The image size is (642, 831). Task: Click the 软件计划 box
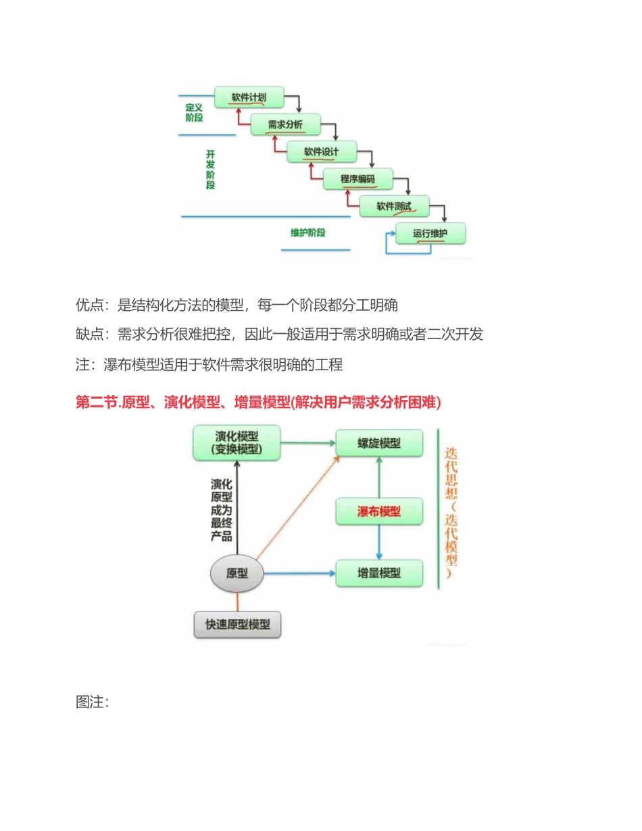coord(249,97)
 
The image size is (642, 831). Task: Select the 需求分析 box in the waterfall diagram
coord(285,124)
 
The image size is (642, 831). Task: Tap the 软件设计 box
coord(321,151)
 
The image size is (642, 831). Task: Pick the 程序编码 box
coord(357,179)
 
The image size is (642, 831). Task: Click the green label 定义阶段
coord(194,112)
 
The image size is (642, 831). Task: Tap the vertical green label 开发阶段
coord(210,170)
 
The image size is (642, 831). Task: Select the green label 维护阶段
coord(308,232)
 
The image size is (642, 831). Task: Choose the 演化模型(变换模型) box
coord(237,443)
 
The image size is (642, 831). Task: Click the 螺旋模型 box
coord(379,443)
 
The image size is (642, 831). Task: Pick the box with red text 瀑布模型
coord(379,511)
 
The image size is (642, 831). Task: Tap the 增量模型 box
coord(379,573)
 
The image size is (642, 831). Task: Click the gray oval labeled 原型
coord(237,574)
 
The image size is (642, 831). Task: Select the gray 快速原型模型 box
coord(237,625)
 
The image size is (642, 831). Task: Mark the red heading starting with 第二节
coord(257,403)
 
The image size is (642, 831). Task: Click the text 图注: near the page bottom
coord(93,703)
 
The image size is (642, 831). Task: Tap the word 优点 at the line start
coord(90,305)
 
